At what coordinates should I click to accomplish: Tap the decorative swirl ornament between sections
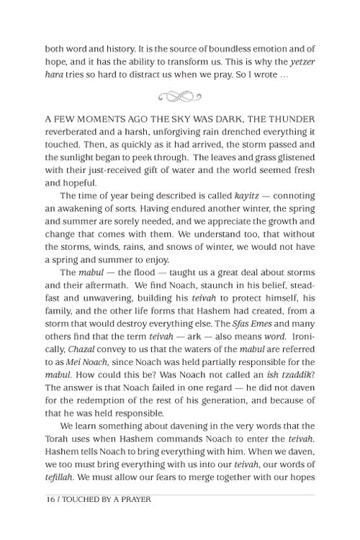click(x=179, y=94)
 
